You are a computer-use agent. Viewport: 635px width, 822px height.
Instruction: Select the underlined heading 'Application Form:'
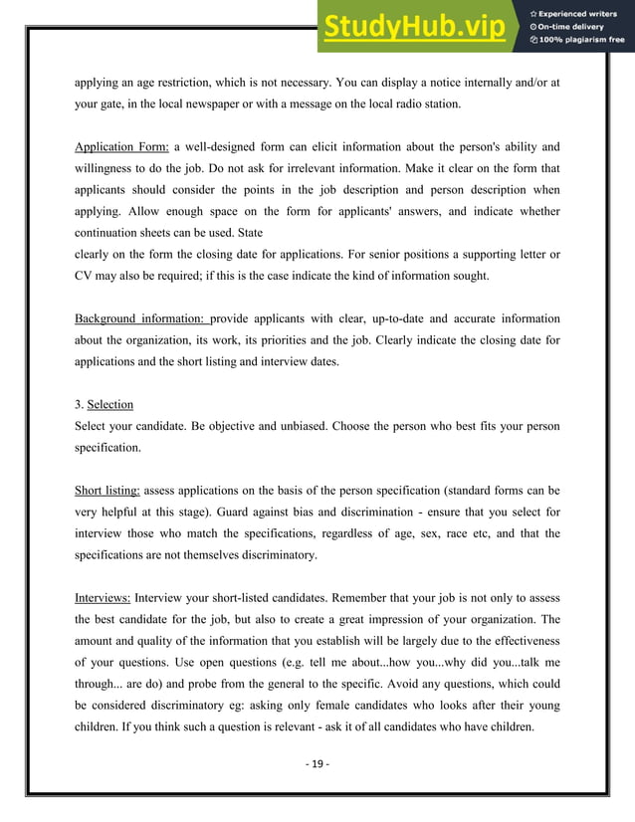click(x=121, y=146)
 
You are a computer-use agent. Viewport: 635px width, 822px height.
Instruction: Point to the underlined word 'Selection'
click(x=109, y=405)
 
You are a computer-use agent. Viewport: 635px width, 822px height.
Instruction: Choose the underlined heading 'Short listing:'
click(x=107, y=491)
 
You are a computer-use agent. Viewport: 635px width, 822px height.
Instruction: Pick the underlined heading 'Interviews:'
click(x=103, y=599)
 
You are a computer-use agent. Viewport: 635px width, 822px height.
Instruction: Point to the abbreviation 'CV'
click(x=85, y=276)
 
